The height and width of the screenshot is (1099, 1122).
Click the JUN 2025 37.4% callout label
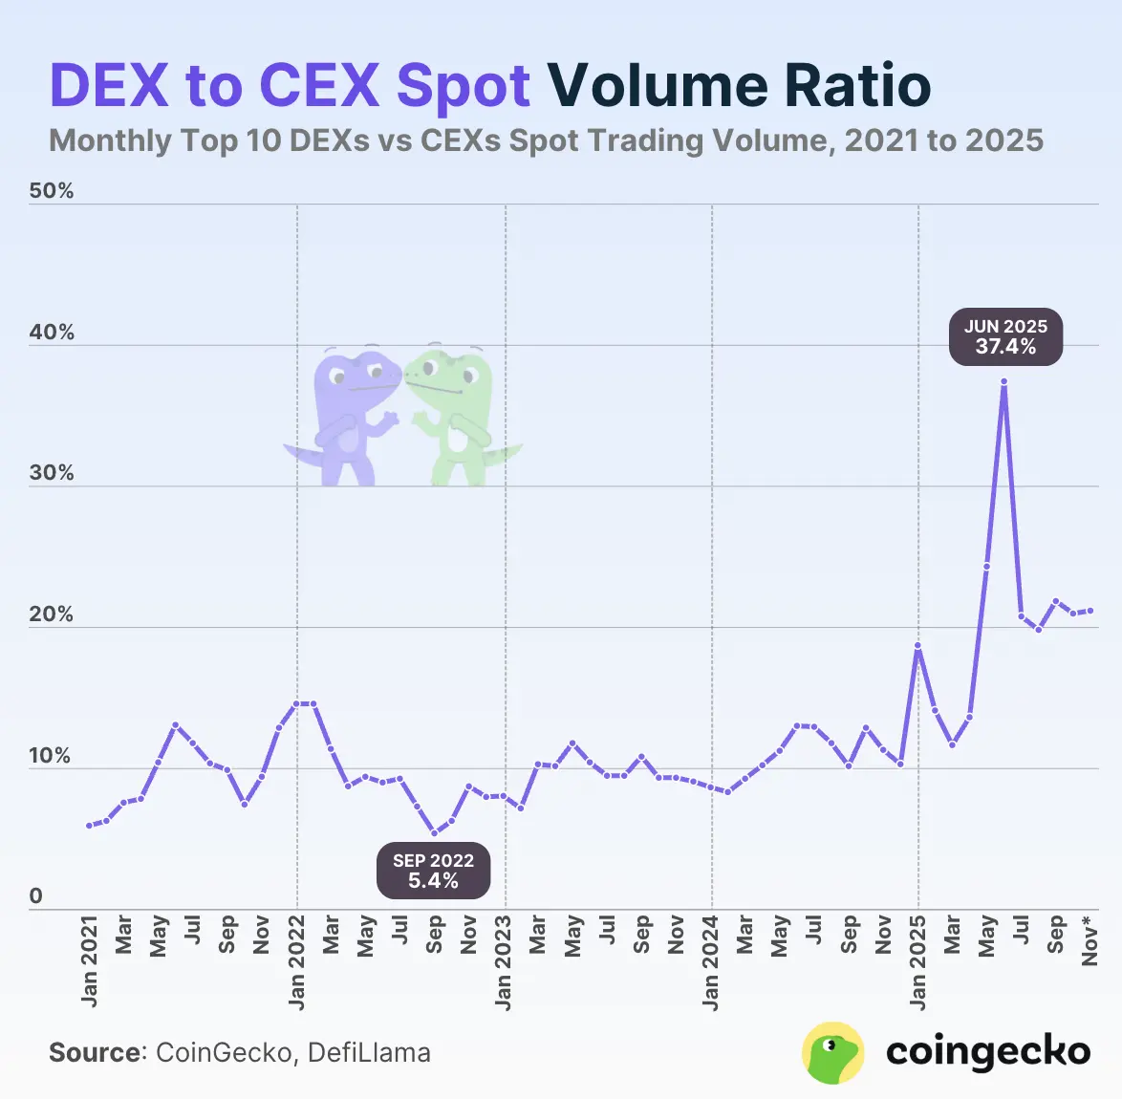pos(1005,337)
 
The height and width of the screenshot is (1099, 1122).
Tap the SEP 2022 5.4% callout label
pos(433,871)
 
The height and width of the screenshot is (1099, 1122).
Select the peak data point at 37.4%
pos(1003,381)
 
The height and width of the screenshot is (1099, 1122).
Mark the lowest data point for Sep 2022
pos(435,833)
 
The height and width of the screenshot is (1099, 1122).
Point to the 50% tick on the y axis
pos(52,191)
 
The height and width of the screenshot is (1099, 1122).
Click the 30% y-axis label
pos(52,473)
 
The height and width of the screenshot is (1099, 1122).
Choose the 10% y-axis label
pos(52,756)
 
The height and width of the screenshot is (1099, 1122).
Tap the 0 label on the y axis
pos(36,896)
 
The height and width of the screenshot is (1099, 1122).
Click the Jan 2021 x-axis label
pos(90,960)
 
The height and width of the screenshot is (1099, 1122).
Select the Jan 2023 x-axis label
pos(504,960)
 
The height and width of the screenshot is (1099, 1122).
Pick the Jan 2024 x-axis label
pos(711,960)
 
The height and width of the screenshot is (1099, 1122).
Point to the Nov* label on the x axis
pos(1090,940)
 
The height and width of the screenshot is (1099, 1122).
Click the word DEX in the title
pos(109,85)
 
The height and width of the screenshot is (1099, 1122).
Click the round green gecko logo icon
pos(832,1052)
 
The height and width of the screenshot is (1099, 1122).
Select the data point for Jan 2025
pos(917,646)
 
